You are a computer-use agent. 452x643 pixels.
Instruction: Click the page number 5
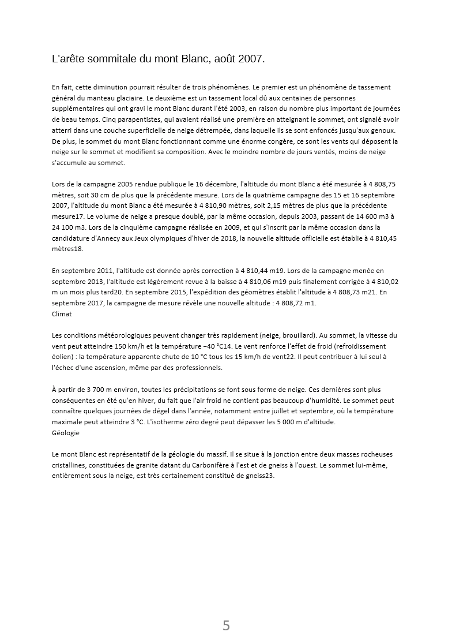(226, 625)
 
